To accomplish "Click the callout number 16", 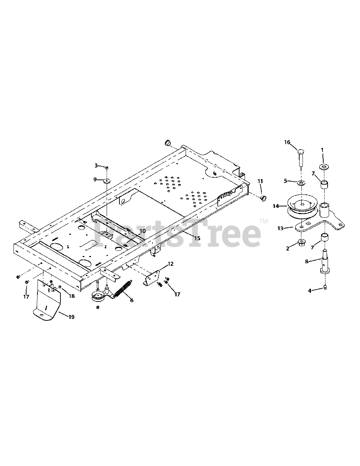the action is click(x=287, y=142).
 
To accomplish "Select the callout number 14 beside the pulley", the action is click(x=276, y=206).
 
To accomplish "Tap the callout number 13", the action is click(x=280, y=228).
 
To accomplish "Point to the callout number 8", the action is click(x=307, y=261).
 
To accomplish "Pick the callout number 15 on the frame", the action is click(x=197, y=238).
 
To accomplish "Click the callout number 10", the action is click(x=142, y=231).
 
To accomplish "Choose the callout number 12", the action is click(x=170, y=264).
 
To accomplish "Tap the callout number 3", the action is click(x=96, y=166).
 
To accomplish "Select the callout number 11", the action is click(x=260, y=181).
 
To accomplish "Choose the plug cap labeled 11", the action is click(x=262, y=197).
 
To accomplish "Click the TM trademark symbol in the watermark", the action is click(x=263, y=221).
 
